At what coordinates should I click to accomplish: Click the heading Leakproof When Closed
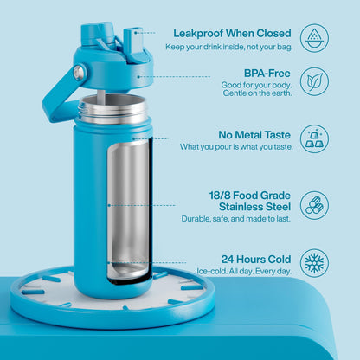232,34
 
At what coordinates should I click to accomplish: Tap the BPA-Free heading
267,74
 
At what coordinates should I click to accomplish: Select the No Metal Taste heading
254,135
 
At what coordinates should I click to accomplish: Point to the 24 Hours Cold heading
256,259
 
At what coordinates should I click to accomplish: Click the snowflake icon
314,263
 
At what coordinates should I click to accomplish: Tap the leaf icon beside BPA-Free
314,81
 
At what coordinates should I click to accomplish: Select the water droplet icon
314,38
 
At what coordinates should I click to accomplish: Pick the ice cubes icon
314,139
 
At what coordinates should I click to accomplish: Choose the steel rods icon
314,205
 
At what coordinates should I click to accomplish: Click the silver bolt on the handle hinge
79,72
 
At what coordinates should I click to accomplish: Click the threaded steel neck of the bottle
112,110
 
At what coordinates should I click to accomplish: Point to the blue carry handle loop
59,93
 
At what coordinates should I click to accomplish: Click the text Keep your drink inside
203,47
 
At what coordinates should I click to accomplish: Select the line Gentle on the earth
257,93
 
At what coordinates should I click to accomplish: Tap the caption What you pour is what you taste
236,147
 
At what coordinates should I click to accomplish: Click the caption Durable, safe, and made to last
235,219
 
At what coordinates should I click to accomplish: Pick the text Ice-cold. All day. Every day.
244,271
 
